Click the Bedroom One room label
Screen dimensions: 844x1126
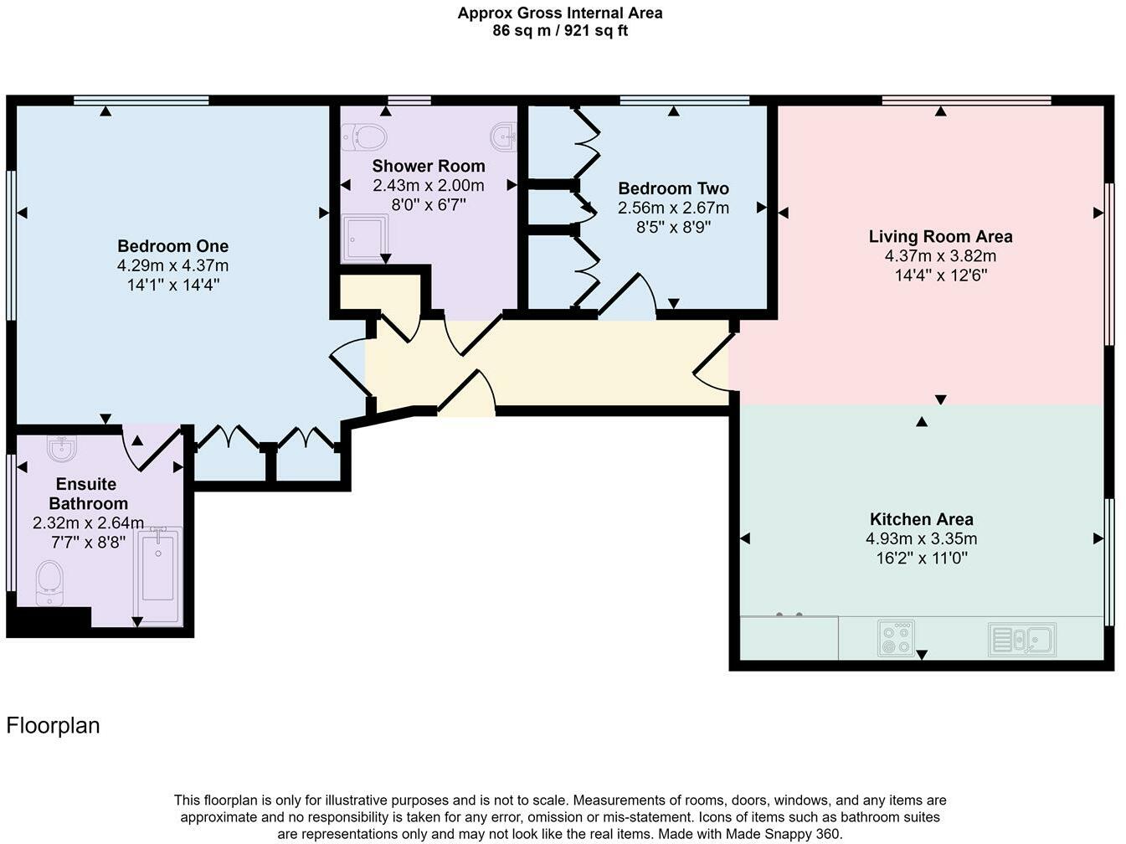click(172, 246)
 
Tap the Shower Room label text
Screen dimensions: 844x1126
click(428, 166)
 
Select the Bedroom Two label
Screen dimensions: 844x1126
click(673, 188)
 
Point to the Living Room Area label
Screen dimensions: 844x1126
click(940, 236)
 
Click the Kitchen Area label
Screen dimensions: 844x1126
click(921, 519)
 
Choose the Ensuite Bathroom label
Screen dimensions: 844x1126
click(88, 494)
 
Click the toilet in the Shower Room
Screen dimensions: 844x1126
click(365, 136)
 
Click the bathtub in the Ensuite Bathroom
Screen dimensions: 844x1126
click(158, 569)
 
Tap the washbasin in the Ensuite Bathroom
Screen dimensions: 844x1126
click(61, 450)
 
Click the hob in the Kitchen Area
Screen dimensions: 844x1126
click(896, 638)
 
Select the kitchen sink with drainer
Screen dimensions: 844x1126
click(1021, 640)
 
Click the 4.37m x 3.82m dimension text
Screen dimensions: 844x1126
click(940, 256)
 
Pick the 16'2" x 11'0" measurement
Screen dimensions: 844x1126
click(921, 558)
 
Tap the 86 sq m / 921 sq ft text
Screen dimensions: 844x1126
click(559, 31)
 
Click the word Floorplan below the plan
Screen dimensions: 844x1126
click(53, 725)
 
